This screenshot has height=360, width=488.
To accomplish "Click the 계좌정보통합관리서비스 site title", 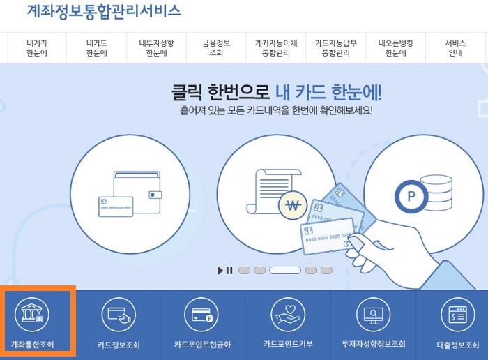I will click(104, 11).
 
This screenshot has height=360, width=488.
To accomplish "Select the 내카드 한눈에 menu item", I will click(97, 47).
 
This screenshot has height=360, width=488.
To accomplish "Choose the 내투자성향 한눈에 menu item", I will click(157, 47).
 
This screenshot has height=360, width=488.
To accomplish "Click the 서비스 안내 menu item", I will click(455, 47).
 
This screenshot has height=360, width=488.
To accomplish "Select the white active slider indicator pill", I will click(285, 271).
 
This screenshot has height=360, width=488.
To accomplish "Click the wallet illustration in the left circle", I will click(130, 192).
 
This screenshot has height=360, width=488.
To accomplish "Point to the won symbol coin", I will click(292, 205).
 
